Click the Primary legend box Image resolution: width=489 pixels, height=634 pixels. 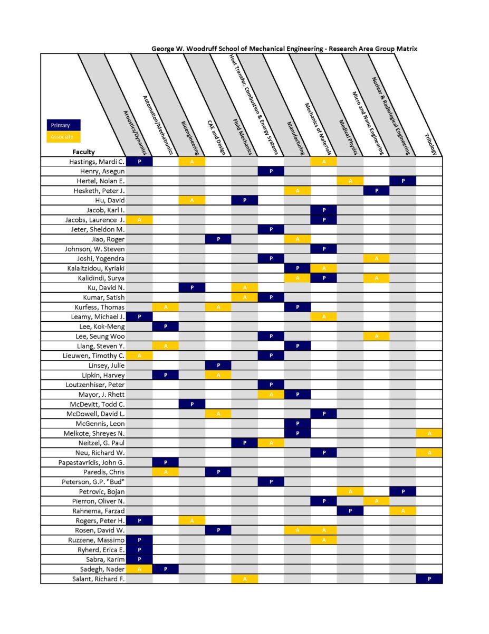click(63, 125)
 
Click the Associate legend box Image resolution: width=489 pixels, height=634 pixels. click(63, 137)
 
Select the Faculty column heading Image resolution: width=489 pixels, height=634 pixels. click(84, 152)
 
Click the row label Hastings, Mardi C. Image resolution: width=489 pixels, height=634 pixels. click(97, 162)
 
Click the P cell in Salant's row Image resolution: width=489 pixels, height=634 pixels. click(429, 579)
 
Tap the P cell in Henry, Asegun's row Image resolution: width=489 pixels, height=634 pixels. click(271, 171)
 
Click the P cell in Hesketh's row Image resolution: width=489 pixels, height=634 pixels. click(376, 190)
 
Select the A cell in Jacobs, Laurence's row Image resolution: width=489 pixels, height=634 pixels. click(139, 219)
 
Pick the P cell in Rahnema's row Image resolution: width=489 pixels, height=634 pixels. click(350, 511)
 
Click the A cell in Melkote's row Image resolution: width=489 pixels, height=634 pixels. click(429, 433)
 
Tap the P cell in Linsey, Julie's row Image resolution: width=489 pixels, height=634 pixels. click(218, 366)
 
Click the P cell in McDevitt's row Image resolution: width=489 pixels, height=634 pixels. click(191, 404)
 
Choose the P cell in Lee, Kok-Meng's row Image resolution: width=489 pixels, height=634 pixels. click(165, 327)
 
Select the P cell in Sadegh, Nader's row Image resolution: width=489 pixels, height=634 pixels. click(165, 569)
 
